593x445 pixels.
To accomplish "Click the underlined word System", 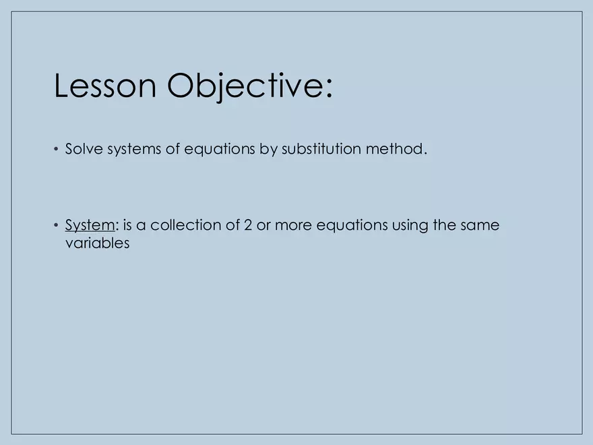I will (90, 225).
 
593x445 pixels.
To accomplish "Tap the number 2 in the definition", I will (248, 225).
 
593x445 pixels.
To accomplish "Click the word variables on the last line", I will (96, 243).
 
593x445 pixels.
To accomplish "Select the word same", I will (480, 225).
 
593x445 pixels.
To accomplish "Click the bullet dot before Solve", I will (57, 150).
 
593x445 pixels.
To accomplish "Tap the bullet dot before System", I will (57, 226).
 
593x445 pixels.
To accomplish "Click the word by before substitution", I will (268, 149).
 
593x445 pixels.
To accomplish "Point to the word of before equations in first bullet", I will (173, 149).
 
